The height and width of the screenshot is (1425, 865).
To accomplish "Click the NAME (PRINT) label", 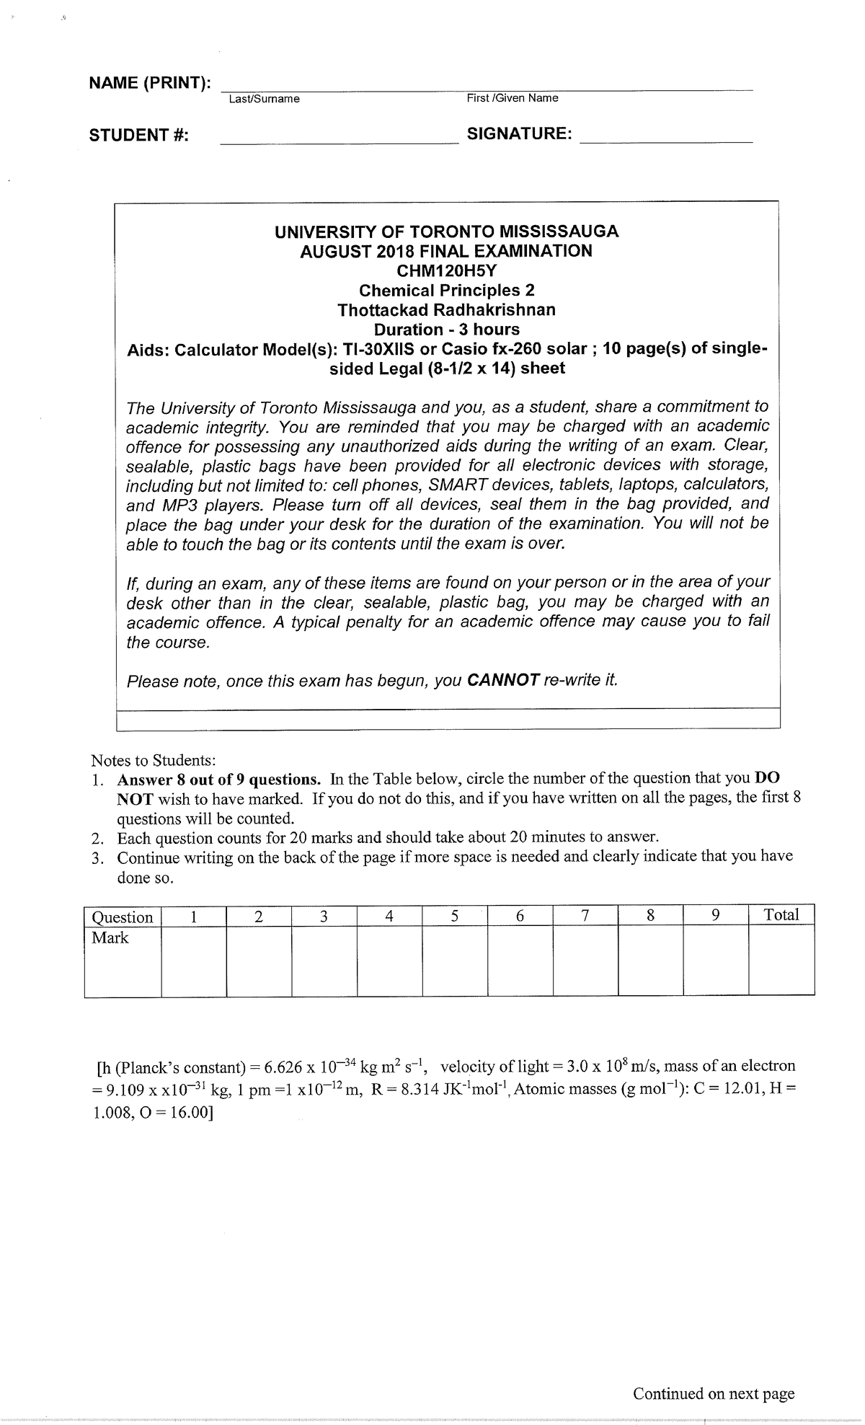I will (149, 83).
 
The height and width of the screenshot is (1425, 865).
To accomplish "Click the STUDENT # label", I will (138, 136).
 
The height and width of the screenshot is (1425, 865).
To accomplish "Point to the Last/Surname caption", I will (264, 99).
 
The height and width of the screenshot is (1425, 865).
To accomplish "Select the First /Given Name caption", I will (513, 98).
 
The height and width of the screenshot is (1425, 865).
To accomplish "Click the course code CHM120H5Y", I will (446, 271).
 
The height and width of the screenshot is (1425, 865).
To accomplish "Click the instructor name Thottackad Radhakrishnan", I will (446, 310).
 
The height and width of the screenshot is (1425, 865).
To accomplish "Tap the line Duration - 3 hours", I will (446, 330).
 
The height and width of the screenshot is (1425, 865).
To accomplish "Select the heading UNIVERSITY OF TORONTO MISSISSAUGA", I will (446, 231).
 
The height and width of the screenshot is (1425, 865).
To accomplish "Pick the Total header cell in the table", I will (781, 915).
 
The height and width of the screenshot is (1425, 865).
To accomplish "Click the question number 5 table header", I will (454, 917).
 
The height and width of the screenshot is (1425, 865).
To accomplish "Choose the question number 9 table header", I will (715, 916).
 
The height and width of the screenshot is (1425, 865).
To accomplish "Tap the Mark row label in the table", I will (110, 938).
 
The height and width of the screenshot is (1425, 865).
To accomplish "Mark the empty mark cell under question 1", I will (193, 962).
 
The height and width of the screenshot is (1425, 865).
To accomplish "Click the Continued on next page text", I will (713, 1394).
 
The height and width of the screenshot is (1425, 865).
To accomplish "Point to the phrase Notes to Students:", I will (153, 760).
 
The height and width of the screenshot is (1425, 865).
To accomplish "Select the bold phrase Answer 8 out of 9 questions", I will (219, 780).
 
